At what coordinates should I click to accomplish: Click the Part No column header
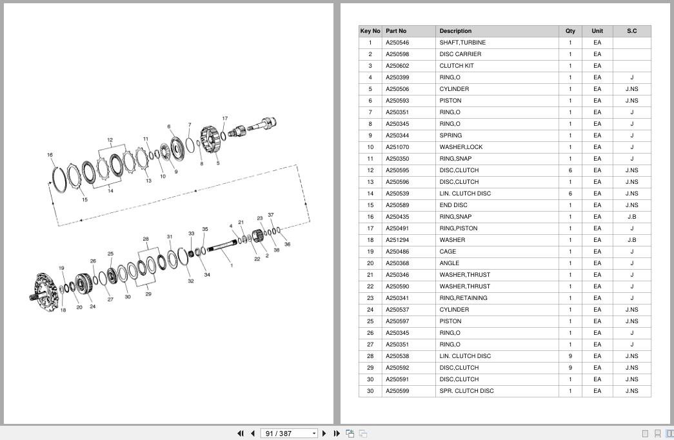click(x=395, y=31)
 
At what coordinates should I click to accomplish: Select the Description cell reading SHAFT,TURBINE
click(x=462, y=43)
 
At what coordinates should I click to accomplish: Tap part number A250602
click(x=397, y=66)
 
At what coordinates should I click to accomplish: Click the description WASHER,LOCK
click(x=461, y=147)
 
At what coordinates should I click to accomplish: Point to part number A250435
click(x=397, y=217)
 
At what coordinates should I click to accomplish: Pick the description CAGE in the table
click(x=448, y=252)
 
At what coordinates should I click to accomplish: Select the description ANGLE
click(x=449, y=263)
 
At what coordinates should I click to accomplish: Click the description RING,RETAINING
click(x=463, y=298)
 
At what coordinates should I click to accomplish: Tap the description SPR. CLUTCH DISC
click(x=466, y=391)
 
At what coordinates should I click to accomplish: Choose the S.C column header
click(x=631, y=31)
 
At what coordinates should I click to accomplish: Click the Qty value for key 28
click(x=570, y=356)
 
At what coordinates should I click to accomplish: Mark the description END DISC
click(x=453, y=205)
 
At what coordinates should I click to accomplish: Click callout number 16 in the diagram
click(x=50, y=155)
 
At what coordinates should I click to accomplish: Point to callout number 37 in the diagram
click(x=270, y=215)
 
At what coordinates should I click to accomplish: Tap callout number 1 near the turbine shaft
click(x=232, y=265)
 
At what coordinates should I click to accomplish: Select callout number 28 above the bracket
click(x=146, y=239)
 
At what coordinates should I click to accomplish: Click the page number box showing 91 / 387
click(x=289, y=433)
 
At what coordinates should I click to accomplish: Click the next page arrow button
click(x=324, y=433)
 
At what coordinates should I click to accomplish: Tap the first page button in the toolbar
click(x=241, y=433)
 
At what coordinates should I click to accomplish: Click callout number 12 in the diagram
click(x=110, y=140)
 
